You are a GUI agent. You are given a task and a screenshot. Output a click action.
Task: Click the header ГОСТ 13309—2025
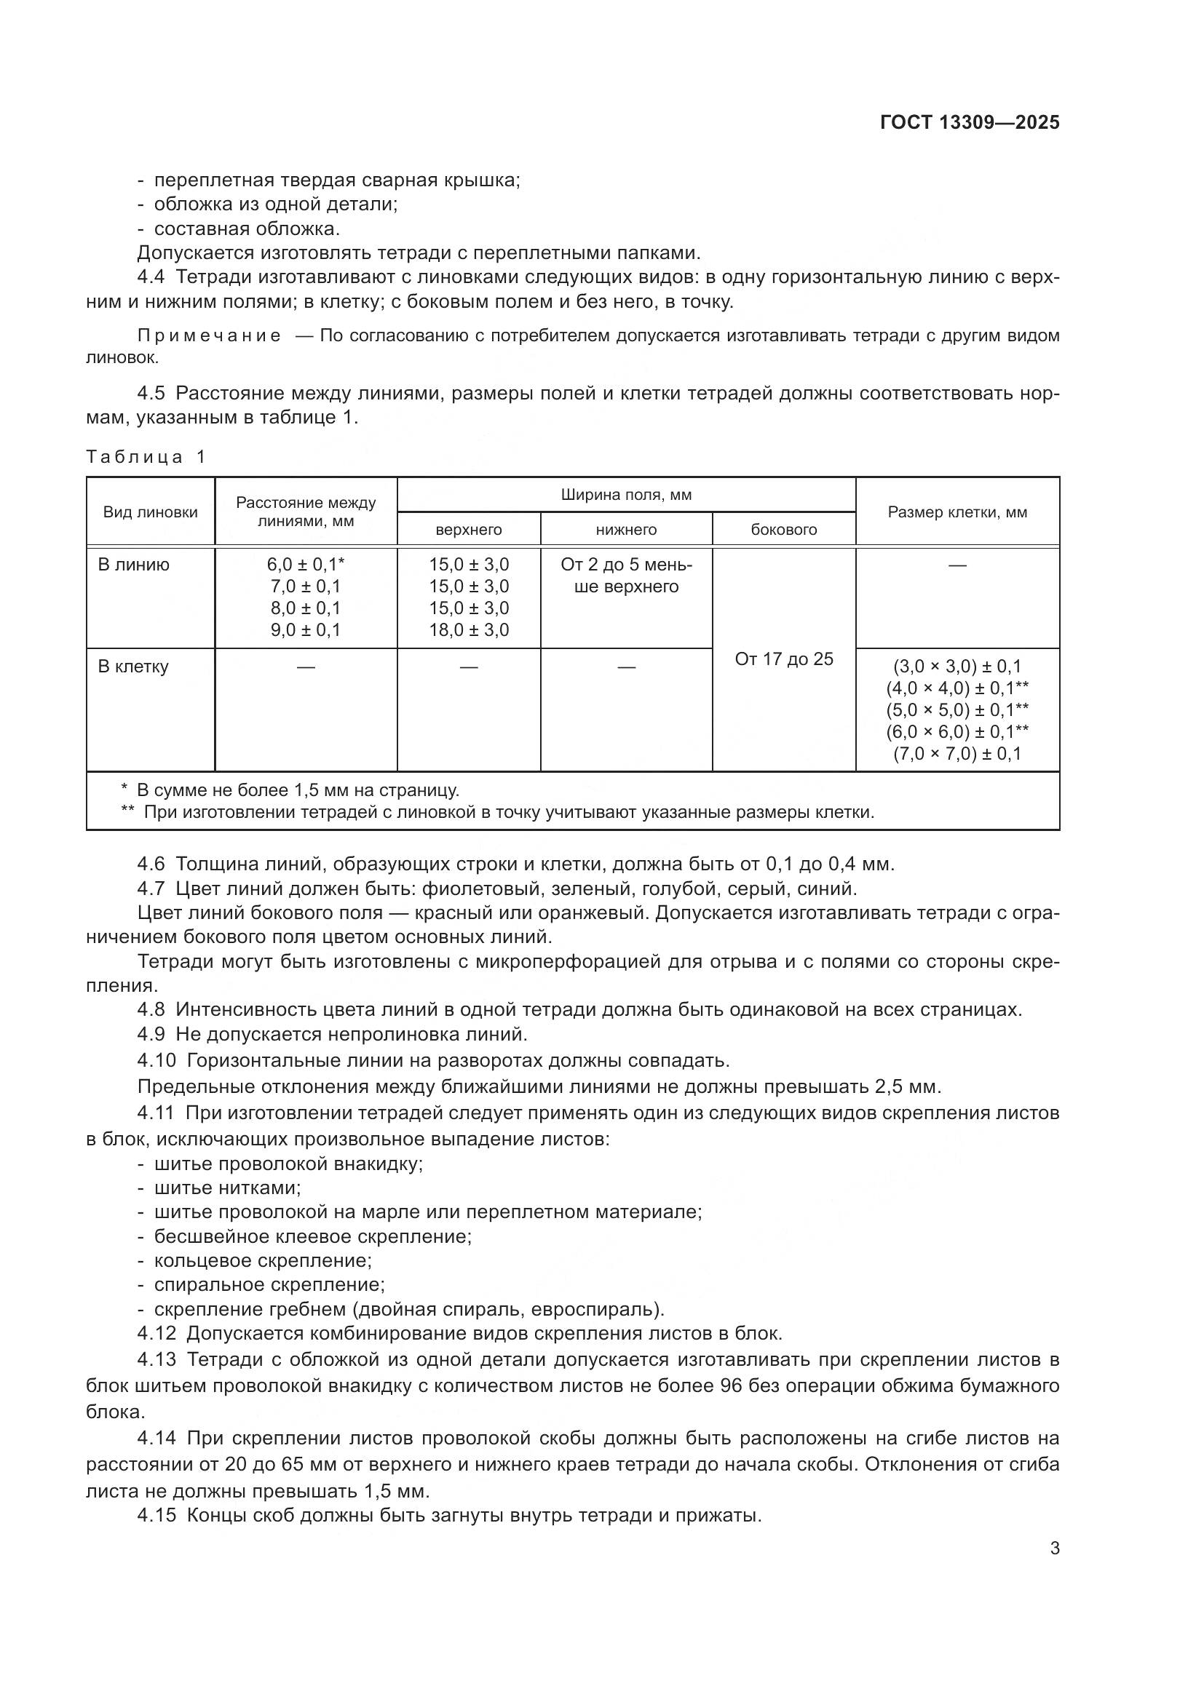[x=969, y=123]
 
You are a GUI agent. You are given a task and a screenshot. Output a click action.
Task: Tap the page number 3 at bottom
[x=1054, y=1548]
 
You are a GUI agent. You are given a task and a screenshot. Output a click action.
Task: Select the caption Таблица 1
[x=146, y=457]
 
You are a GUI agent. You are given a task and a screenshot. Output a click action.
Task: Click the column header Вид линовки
[x=151, y=512]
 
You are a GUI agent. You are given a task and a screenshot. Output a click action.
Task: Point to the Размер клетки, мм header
[x=957, y=512]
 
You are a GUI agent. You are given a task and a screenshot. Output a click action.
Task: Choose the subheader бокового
[x=784, y=530]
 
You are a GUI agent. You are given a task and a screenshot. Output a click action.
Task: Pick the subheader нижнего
[x=626, y=530]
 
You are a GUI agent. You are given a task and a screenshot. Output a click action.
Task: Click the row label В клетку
[x=133, y=667]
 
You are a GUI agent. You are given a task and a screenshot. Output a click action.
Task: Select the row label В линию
[x=133, y=565]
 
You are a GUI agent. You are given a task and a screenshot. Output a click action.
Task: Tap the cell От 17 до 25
[x=784, y=659]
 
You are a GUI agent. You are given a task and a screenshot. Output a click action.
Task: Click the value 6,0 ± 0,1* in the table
[x=306, y=565]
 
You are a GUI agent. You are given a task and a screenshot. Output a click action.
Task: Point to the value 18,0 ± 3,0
[x=469, y=630]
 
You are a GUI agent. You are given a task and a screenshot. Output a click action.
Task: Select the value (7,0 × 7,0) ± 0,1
[x=957, y=754]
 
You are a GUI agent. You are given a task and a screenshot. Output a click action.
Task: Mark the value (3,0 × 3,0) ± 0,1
[x=957, y=667]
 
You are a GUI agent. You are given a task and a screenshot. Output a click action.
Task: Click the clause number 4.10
[x=157, y=1061]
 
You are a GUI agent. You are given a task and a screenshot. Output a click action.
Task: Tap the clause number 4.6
[x=151, y=864]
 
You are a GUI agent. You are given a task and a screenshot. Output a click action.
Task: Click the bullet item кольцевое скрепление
[x=263, y=1260]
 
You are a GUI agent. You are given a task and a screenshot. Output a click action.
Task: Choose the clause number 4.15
[x=157, y=1515]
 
